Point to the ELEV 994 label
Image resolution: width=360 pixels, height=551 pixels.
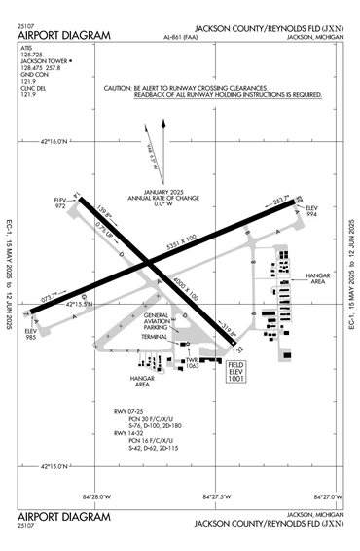tap(311, 212)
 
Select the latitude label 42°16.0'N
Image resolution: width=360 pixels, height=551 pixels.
tap(55, 141)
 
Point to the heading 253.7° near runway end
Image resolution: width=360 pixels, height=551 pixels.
tap(281, 202)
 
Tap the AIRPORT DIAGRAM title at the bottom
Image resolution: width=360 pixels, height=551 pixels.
tap(64, 516)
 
